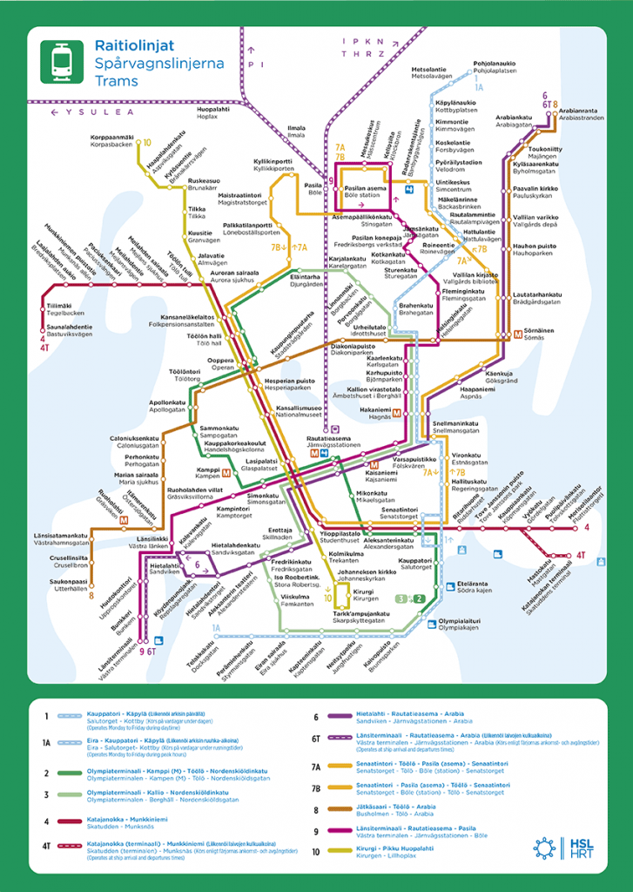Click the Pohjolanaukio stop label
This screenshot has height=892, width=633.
pos(494,64)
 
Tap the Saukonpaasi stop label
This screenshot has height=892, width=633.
pos(70,581)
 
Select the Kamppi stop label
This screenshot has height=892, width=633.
pos(207,470)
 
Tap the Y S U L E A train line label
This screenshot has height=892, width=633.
pos(96,112)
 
